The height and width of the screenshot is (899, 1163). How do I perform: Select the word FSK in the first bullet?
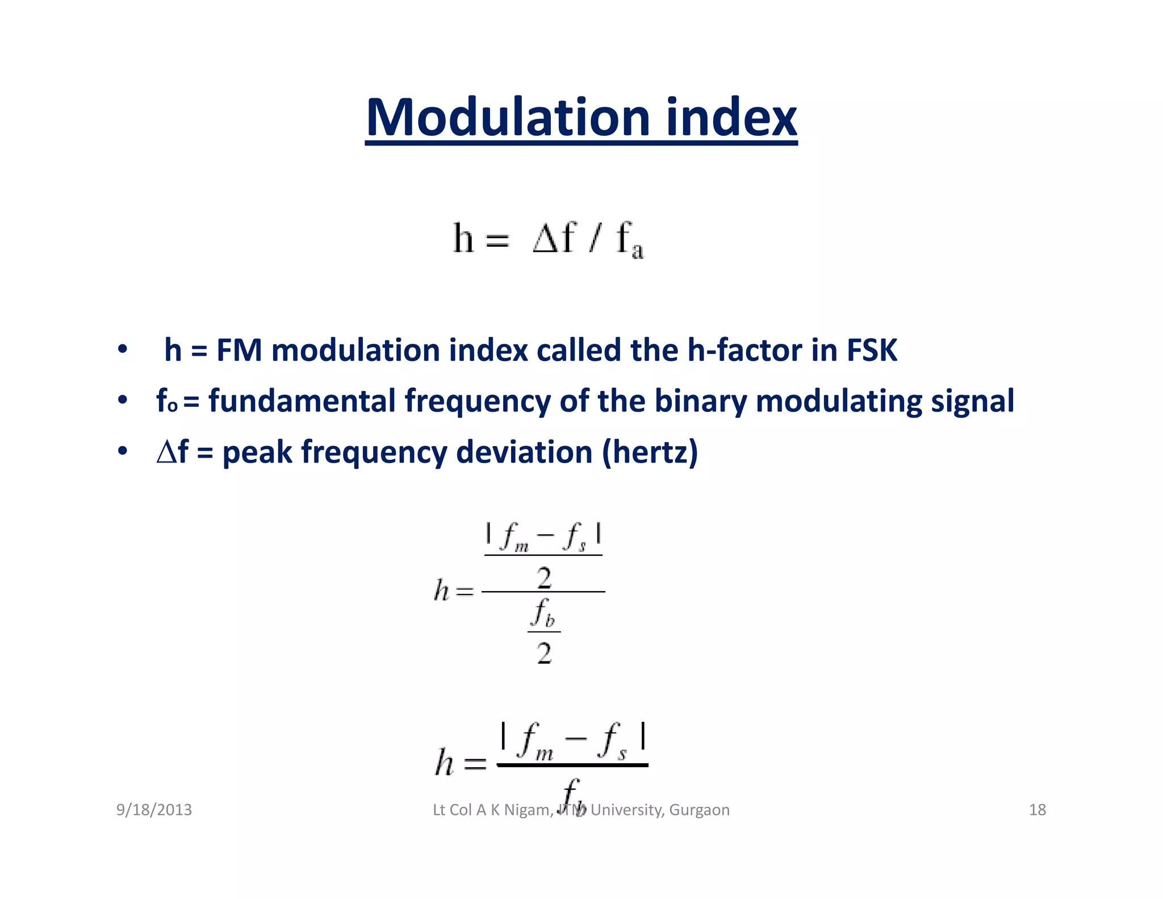point(872,350)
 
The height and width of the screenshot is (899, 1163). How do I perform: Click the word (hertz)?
point(650,452)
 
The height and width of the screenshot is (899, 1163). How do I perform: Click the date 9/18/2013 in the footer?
point(154,810)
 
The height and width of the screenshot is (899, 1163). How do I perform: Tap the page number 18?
point(1037,810)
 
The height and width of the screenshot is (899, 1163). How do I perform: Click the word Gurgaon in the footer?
point(699,810)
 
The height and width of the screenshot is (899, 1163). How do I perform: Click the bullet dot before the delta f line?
point(122,452)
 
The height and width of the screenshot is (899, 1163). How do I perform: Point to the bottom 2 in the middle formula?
point(544,654)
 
